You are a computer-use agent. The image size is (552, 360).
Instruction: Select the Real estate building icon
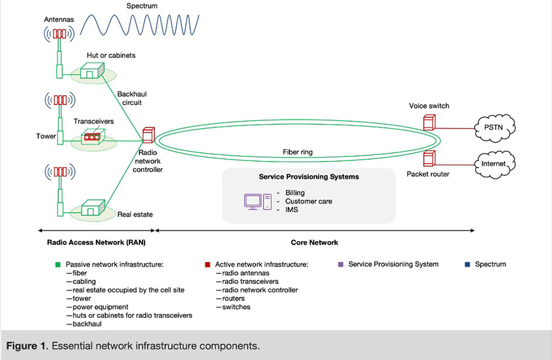click(91, 208)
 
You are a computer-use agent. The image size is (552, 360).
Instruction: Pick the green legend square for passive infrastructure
click(58, 265)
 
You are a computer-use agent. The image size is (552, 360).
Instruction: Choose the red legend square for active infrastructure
click(208, 265)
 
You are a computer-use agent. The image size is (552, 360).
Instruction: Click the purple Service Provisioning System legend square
click(340, 265)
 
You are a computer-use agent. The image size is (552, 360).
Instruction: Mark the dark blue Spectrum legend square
click(467, 265)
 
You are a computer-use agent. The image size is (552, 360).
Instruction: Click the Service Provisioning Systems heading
click(309, 177)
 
